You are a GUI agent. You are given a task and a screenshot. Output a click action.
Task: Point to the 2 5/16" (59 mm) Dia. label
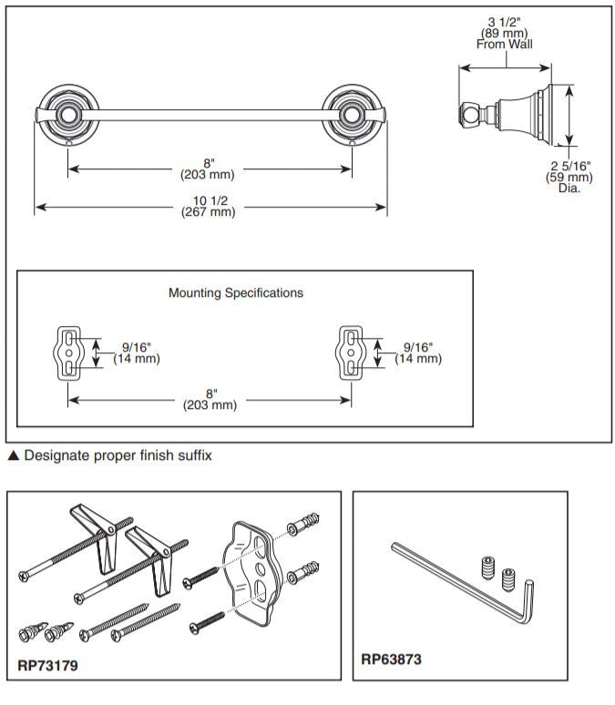[x=569, y=177]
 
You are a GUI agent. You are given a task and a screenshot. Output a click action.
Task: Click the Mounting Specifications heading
[x=236, y=293]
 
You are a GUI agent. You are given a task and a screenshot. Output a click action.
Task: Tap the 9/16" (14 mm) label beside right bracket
[x=418, y=352]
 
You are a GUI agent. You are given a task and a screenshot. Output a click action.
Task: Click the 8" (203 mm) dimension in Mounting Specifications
[x=210, y=399]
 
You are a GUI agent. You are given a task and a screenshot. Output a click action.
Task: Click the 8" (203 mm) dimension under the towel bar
[x=210, y=169]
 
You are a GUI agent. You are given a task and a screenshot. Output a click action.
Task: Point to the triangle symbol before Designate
[x=13, y=455]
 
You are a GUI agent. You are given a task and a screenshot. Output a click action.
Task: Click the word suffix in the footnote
[x=191, y=455]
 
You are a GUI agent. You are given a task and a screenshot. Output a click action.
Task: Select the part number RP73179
[x=48, y=665]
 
